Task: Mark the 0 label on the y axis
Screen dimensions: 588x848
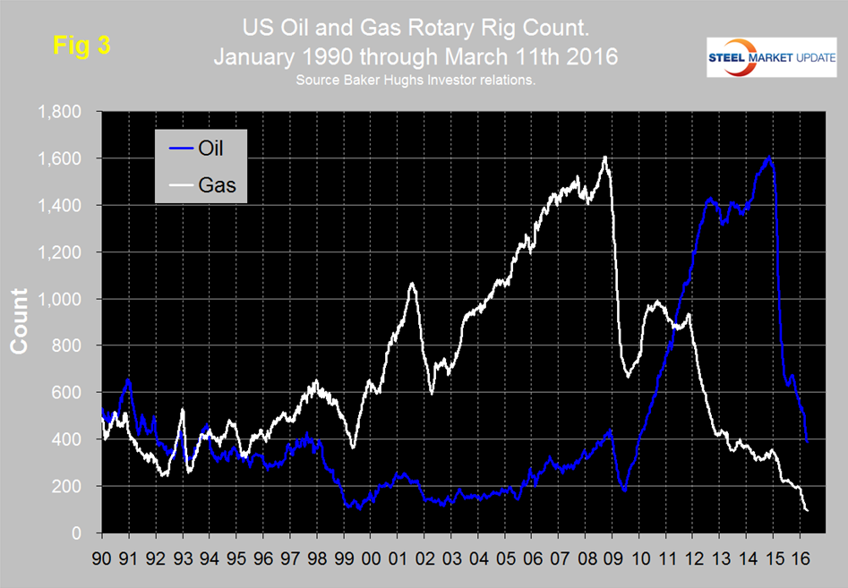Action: pyautogui.click(x=79, y=533)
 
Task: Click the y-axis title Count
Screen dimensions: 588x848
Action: pyautogui.click(x=19, y=322)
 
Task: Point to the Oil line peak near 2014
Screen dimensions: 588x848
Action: pyautogui.click(x=769, y=158)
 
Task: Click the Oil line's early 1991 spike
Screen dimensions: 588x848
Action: pyautogui.click(x=129, y=379)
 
